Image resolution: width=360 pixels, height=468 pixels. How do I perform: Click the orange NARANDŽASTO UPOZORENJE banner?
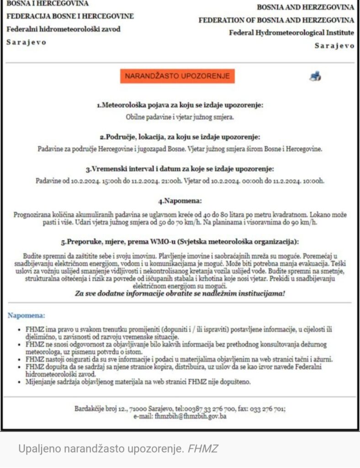[177, 76]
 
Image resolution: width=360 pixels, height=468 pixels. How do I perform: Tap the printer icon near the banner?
[315, 76]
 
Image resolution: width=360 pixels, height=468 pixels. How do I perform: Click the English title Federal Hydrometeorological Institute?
[291, 33]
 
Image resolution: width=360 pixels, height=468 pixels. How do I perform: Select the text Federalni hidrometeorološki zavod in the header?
[64, 29]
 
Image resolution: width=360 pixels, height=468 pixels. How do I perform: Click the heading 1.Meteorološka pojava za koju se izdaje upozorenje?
[180, 105]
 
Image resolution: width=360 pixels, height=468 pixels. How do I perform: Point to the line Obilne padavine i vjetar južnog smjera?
[180, 117]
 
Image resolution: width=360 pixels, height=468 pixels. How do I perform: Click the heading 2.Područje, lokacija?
[180, 137]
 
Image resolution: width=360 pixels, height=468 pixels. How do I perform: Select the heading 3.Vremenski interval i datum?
[180, 169]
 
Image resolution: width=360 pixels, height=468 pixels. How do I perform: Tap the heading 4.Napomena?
[180, 201]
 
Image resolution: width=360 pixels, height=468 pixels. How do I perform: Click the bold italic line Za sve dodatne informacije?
[180, 293]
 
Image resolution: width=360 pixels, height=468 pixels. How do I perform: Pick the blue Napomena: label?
[26, 315]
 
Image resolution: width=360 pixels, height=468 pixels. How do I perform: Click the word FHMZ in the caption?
[203, 449]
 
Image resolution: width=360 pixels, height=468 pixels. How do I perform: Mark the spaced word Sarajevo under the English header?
[334, 46]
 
